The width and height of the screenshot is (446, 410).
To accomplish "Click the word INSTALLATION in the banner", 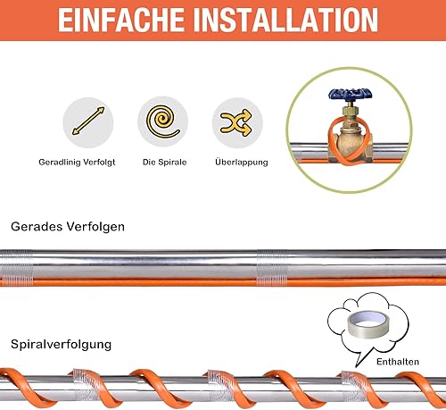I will [285, 19].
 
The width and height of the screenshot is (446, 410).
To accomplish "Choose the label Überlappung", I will [240, 163].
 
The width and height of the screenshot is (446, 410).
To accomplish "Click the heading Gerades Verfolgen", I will [67, 227].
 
